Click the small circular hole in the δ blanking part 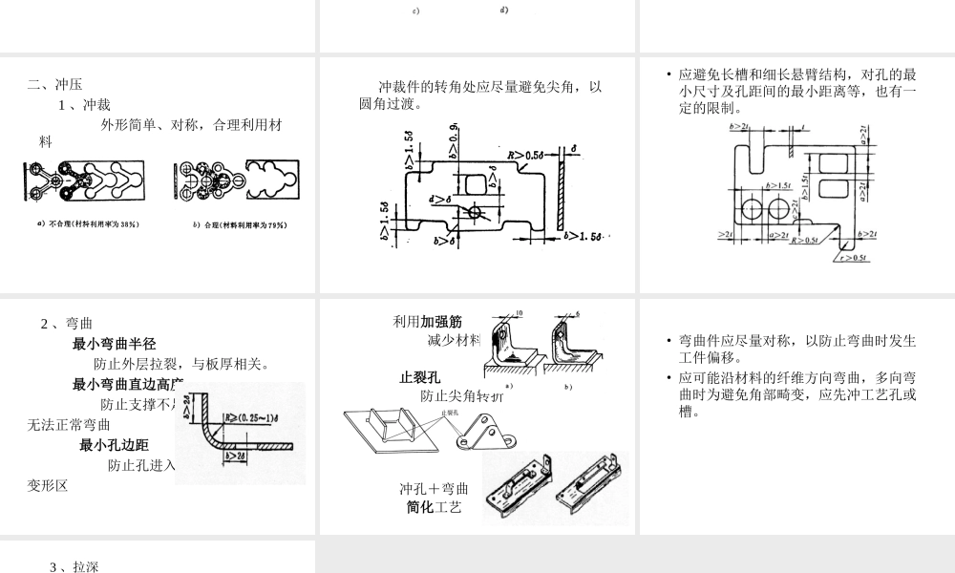pyautogui.click(x=475, y=211)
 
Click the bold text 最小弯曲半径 pyautogui.click(x=114, y=344)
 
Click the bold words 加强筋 pyautogui.click(x=441, y=321)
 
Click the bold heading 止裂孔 pyautogui.click(x=419, y=376)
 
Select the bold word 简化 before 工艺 pyautogui.click(x=420, y=506)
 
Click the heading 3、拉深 pyautogui.click(x=74, y=566)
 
